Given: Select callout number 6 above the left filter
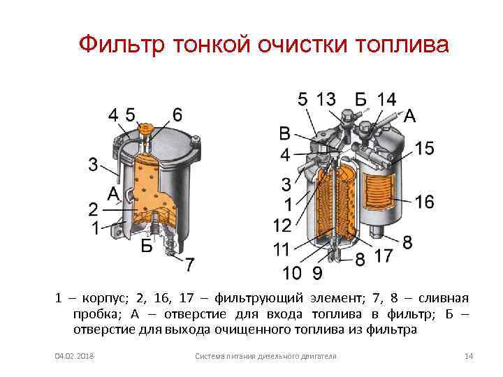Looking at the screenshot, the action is (177, 114).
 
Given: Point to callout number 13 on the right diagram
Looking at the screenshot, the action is (326, 99).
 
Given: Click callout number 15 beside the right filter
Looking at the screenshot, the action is (424, 149).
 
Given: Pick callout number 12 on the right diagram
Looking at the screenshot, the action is (282, 226).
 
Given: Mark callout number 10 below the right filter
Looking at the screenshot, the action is (292, 272).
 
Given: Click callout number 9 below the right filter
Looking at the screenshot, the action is (317, 272).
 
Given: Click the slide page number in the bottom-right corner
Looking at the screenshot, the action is (469, 357).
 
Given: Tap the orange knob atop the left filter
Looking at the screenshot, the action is (145, 128).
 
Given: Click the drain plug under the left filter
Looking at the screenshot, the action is (170, 248).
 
